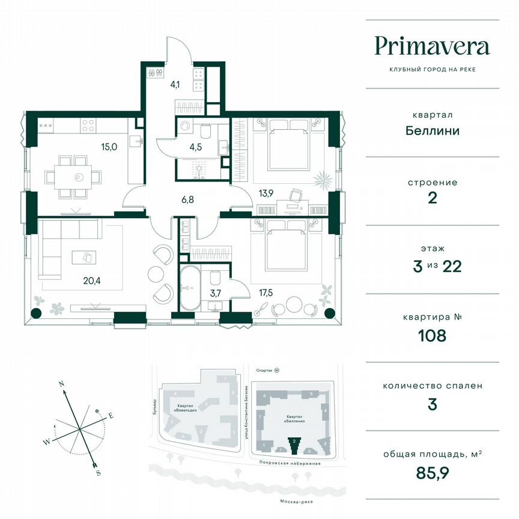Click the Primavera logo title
pos(432,46)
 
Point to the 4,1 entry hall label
pos(175,84)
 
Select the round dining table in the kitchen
pos(79,177)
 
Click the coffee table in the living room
pos(83,256)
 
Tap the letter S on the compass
pos(98,472)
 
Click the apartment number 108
pos(432,335)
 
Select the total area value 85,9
pos(432,473)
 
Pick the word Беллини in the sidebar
pos(432,130)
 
